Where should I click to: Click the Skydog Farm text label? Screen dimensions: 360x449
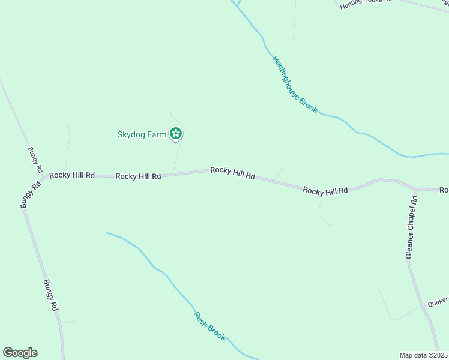[141, 134]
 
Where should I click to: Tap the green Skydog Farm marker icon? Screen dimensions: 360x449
[176, 134]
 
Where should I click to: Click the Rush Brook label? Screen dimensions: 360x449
[209, 326]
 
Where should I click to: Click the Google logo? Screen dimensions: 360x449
[20, 353]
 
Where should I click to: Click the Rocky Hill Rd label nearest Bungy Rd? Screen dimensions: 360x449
[72, 175]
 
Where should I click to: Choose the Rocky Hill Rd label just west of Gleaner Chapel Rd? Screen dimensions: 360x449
[325, 190]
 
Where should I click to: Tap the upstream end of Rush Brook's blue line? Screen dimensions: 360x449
[107, 233]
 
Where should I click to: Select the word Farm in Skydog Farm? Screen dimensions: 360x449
[158, 134]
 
